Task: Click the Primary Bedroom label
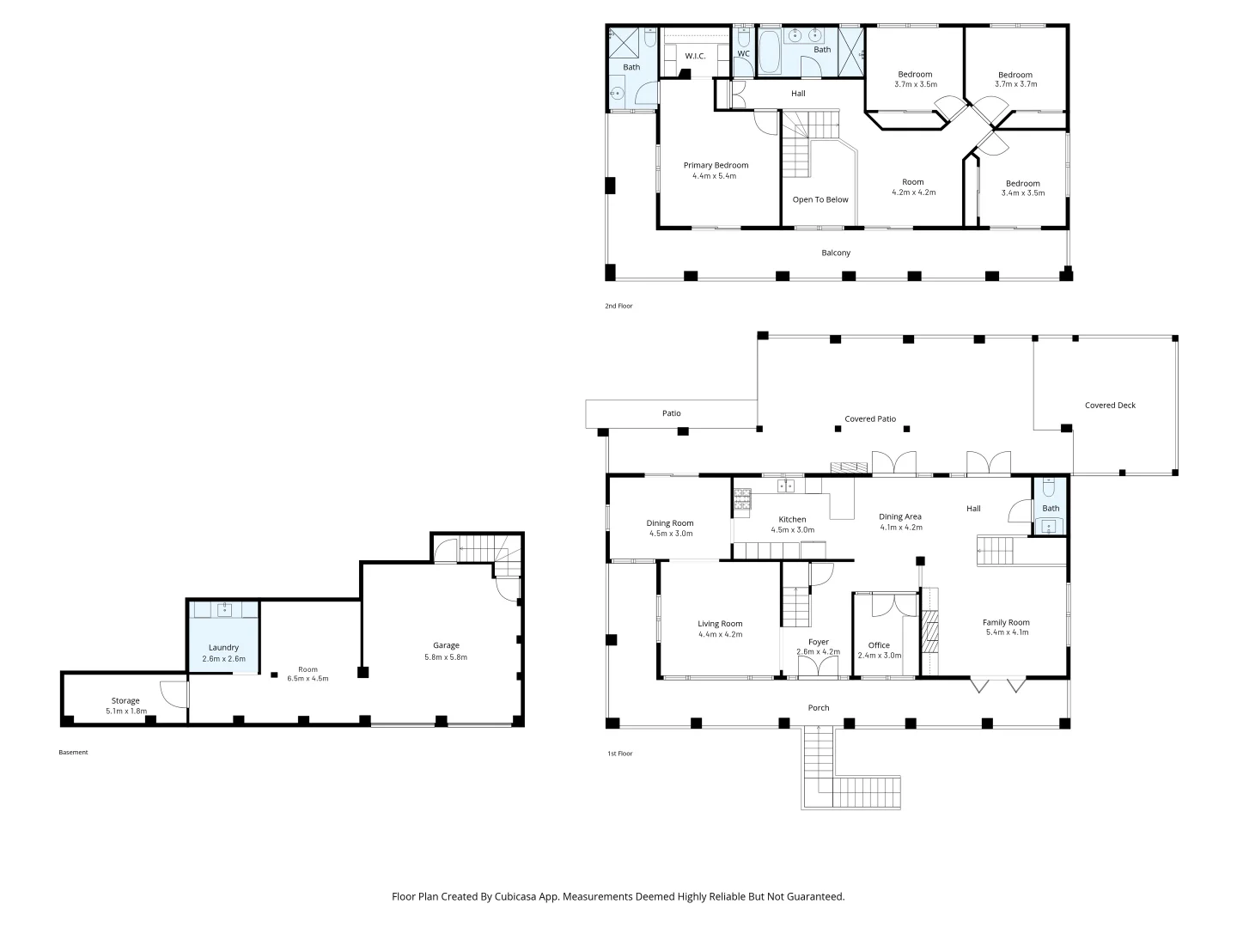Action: coord(716,165)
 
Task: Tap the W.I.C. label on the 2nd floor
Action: coord(695,56)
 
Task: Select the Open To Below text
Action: coord(820,199)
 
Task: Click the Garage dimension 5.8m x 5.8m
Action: coord(446,657)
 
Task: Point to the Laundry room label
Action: coord(223,648)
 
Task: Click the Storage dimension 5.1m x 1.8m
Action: coord(126,711)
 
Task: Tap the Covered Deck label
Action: coord(1110,405)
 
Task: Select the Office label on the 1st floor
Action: coord(879,645)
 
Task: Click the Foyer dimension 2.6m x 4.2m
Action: coord(819,652)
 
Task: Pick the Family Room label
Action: coord(1006,622)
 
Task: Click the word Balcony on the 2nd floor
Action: coord(836,253)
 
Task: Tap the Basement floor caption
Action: coord(73,752)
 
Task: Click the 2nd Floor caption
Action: coord(618,306)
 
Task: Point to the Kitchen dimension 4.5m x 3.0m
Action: coord(792,529)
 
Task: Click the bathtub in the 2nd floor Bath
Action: coord(769,52)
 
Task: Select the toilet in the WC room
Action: coord(743,37)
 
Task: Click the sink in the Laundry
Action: coord(224,609)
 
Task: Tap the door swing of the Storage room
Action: coord(174,695)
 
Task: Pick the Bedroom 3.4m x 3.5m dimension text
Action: coord(1023,192)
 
